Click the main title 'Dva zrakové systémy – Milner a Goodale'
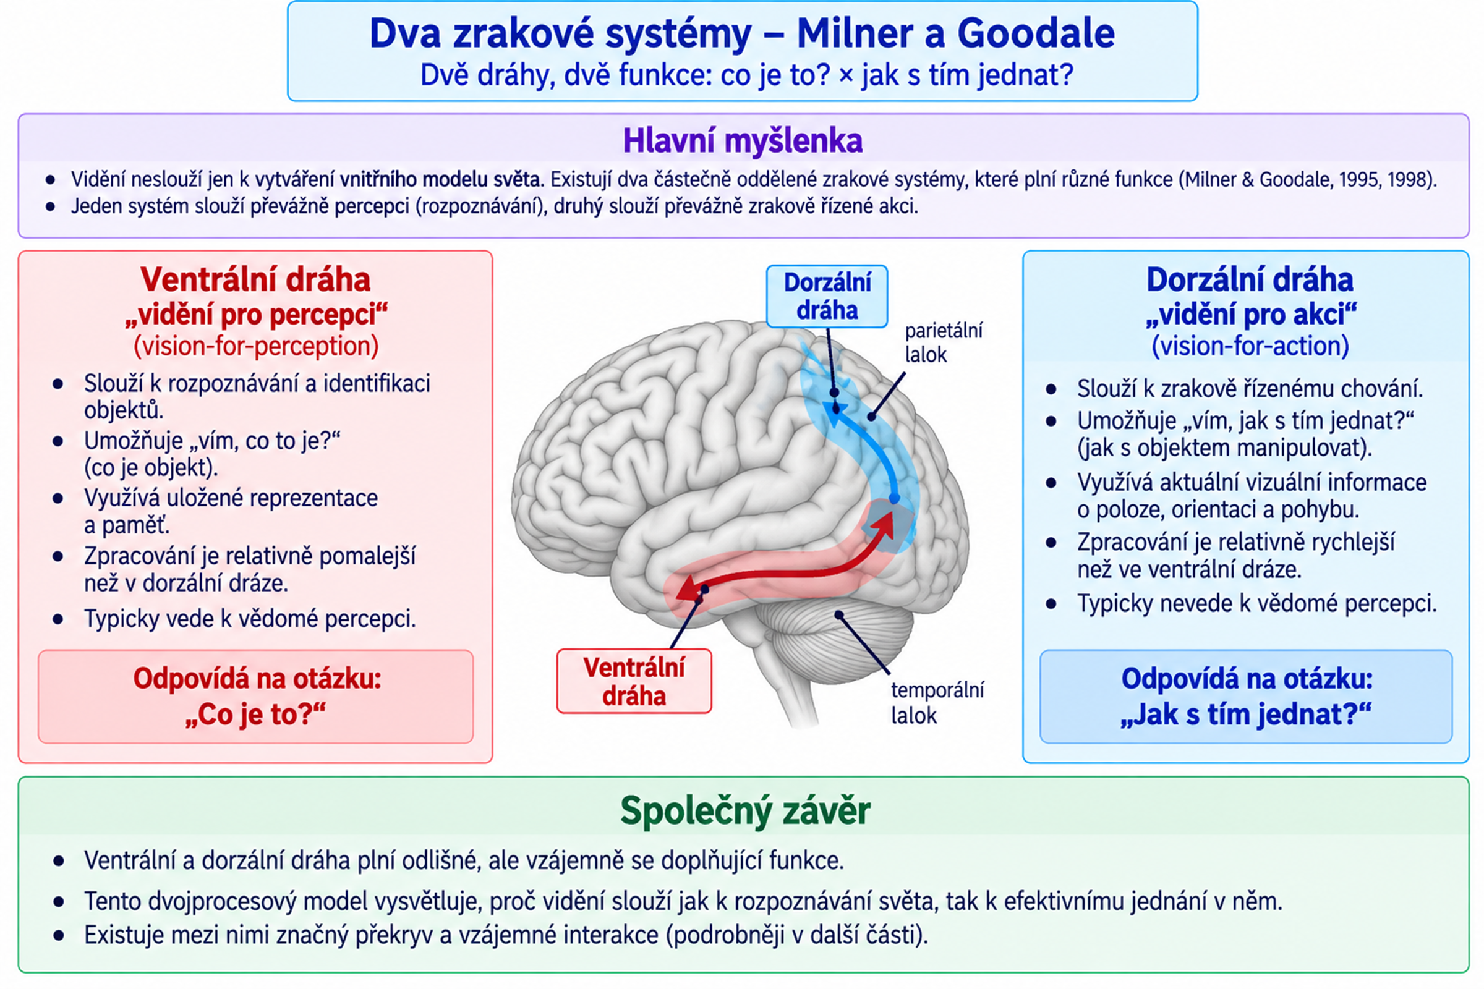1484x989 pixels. pos(742,33)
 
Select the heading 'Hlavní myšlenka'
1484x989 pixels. pos(743,141)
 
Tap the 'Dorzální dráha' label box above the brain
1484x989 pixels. pos(827,297)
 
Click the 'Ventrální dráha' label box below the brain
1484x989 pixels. pos(634,681)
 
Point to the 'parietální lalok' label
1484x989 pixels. pos(944,342)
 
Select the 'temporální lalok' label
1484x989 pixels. pos(937,703)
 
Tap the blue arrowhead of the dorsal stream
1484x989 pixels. pos(836,414)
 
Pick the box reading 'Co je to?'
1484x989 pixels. pos(255,697)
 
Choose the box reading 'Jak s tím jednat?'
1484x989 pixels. pos(1246,697)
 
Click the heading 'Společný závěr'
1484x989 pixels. pos(745,811)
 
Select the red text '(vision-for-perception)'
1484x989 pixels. pos(255,346)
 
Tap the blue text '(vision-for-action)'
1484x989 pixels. pos(1250,346)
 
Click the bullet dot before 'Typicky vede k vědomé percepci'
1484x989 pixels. pos(58,619)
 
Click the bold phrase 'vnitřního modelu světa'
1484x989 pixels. pos(441,180)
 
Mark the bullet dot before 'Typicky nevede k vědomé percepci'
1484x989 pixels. pos(1051,605)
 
